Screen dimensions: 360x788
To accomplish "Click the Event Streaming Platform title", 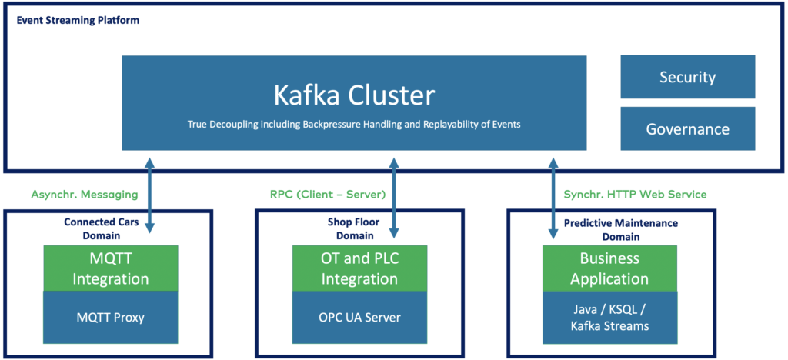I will click(78, 20).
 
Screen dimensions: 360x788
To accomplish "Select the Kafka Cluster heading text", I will click(354, 95).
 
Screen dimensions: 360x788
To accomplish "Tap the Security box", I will click(687, 77).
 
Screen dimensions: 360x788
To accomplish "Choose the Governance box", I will click(687, 128).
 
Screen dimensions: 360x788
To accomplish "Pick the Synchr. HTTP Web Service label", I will click(635, 195).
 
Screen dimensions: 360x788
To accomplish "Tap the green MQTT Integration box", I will click(111, 268).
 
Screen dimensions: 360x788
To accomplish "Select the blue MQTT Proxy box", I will click(111, 316).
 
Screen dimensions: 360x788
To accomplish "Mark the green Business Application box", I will click(609, 268).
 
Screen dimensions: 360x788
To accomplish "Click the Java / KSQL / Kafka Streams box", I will click(609, 317).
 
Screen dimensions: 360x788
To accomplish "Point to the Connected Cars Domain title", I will click(102, 228).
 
